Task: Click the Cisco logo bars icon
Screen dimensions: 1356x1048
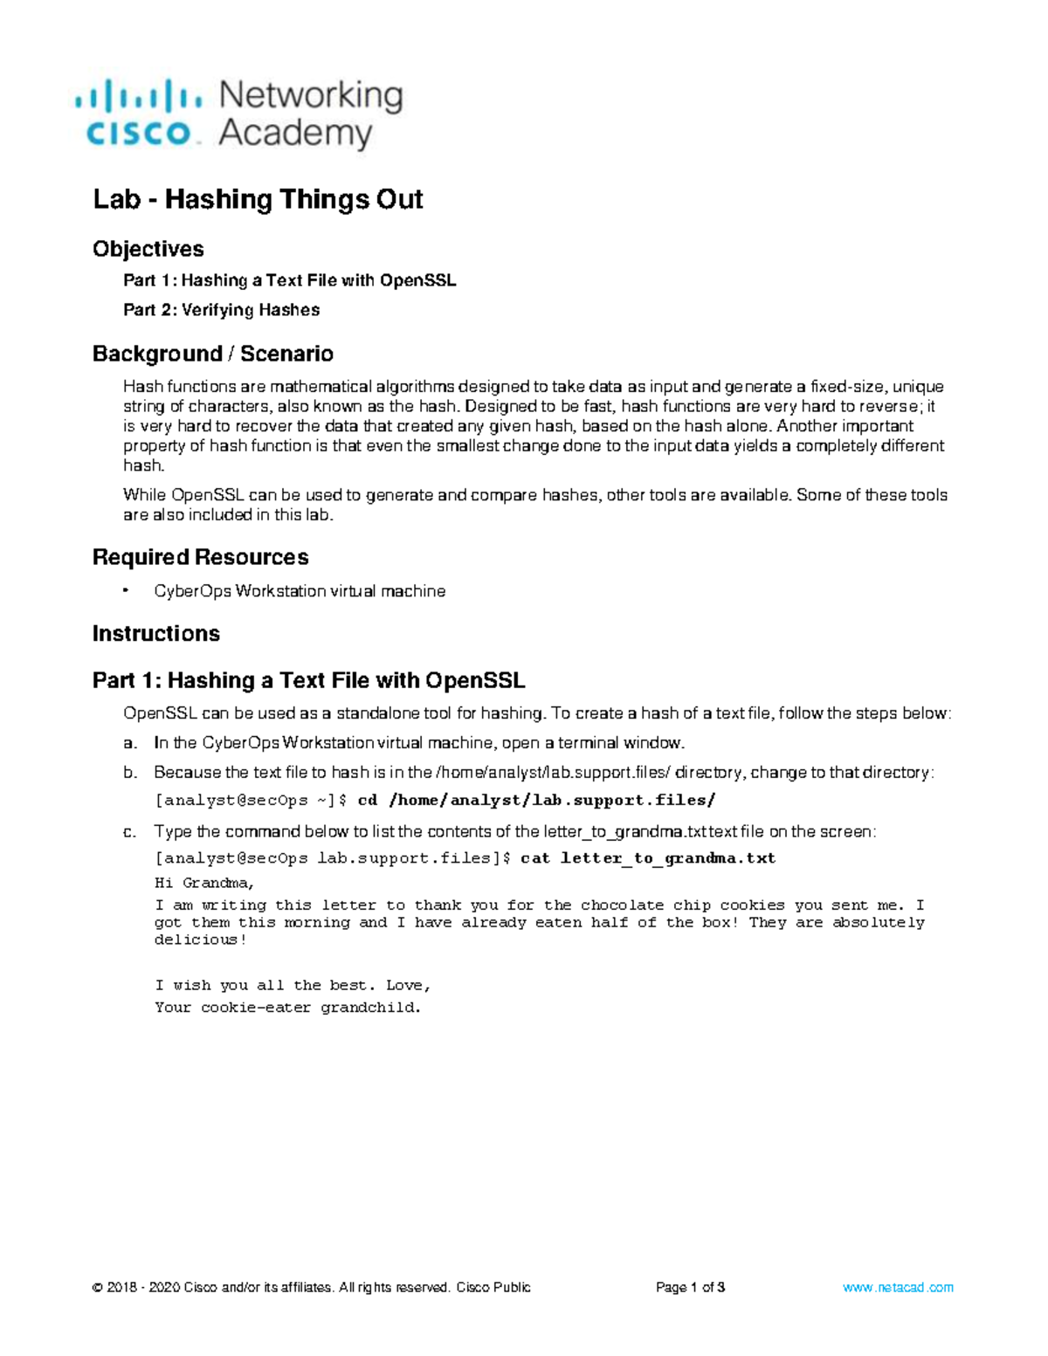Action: pos(138,93)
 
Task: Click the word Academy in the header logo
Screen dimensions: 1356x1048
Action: pos(295,134)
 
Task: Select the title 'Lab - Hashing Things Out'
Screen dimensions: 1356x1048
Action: pos(258,199)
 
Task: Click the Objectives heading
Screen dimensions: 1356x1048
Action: pos(148,249)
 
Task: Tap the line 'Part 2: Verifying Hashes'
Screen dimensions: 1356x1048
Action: pos(221,310)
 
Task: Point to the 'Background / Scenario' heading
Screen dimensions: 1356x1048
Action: pos(212,354)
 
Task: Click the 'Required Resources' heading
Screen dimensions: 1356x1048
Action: pos(200,557)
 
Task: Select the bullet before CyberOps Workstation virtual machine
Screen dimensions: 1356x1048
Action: pos(127,591)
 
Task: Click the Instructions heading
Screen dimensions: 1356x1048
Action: pos(155,633)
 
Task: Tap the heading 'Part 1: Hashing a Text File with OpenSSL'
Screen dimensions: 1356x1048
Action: pos(308,680)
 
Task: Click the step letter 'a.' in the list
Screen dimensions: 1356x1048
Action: pos(130,743)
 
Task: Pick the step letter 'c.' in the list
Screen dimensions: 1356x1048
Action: pos(130,832)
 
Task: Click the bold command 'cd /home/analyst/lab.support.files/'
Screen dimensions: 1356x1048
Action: pos(536,800)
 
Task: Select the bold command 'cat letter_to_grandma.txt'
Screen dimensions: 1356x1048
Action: pos(647,858)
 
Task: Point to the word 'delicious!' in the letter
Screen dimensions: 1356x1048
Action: pos(200,940)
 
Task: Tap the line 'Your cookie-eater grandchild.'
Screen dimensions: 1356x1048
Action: pos(287,1008)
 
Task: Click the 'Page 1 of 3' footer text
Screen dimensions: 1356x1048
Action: pos(690,1287)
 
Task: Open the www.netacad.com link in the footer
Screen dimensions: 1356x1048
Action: pos(898,1287)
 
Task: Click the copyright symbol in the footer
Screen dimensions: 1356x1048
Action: pos(97,1287)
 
